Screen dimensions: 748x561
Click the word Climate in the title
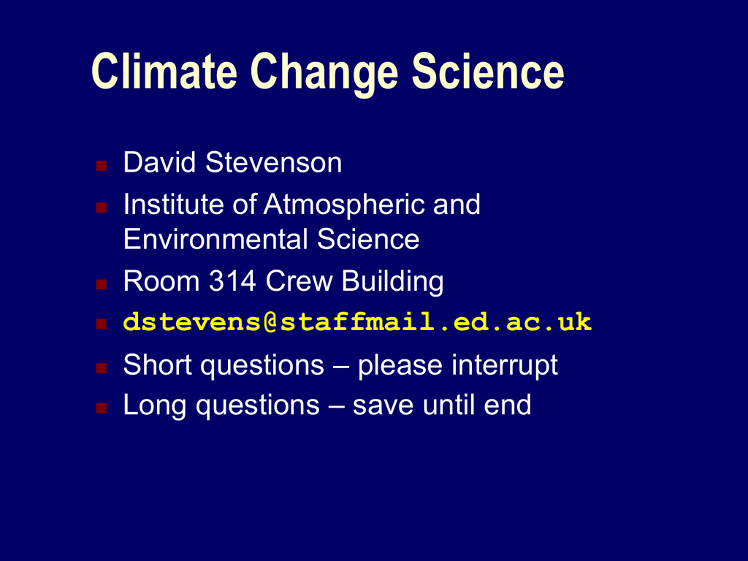pos(164,71)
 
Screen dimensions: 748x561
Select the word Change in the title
pos(324,74)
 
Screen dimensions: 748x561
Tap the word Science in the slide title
pos(487,71)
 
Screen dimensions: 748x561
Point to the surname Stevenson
pos(273,162)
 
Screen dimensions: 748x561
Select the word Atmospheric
pos(344,205)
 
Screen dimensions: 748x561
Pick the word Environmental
pos(215,239)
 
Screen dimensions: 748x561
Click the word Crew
pos(299,280)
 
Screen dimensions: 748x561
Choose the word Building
pos(392,283)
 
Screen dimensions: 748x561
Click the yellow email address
pos(357,322)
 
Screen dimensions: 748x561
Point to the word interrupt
pos(505,367)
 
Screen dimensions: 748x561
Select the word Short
pos(157,365)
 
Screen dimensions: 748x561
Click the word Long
pos(155,407)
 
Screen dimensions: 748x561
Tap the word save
pos(383,407)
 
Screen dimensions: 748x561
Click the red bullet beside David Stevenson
pos(101,166)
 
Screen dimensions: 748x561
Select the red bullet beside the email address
pos(101,324)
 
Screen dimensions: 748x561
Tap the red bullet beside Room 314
pos(101,284)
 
